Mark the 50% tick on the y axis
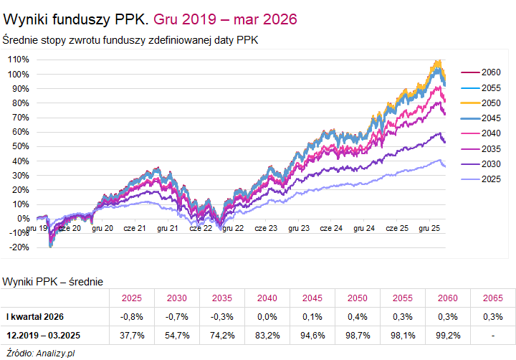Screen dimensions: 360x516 pos(20,146)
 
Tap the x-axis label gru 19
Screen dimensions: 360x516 pos(37,228)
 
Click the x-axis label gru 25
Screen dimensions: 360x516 pos(429,228)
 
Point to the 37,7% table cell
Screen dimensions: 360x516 pos(133,335)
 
